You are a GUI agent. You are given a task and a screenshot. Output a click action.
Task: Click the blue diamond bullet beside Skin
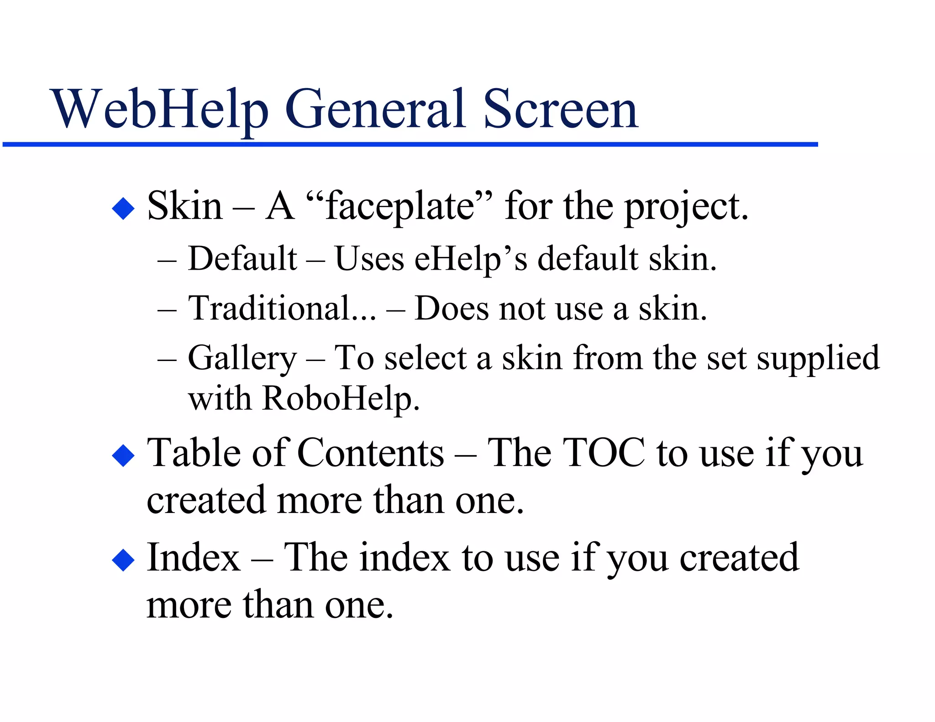click(123, 209)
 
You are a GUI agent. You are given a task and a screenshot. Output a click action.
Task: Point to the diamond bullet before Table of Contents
click(123, 455)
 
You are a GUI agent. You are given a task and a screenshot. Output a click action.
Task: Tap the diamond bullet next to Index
click(123, 560)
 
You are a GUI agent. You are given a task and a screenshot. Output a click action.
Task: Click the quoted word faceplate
click(399, 207)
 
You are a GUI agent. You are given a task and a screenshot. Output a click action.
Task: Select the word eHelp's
click(471, 259)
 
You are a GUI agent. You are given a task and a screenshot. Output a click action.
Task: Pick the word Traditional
click(269, 309)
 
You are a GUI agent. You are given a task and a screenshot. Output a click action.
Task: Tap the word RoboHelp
click(340, 399)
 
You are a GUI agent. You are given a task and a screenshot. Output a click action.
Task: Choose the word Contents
click(370, 453)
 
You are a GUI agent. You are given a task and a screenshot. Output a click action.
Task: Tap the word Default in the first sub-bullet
click(242, 259)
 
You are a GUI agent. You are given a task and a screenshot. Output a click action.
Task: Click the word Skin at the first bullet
click(184, 206)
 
